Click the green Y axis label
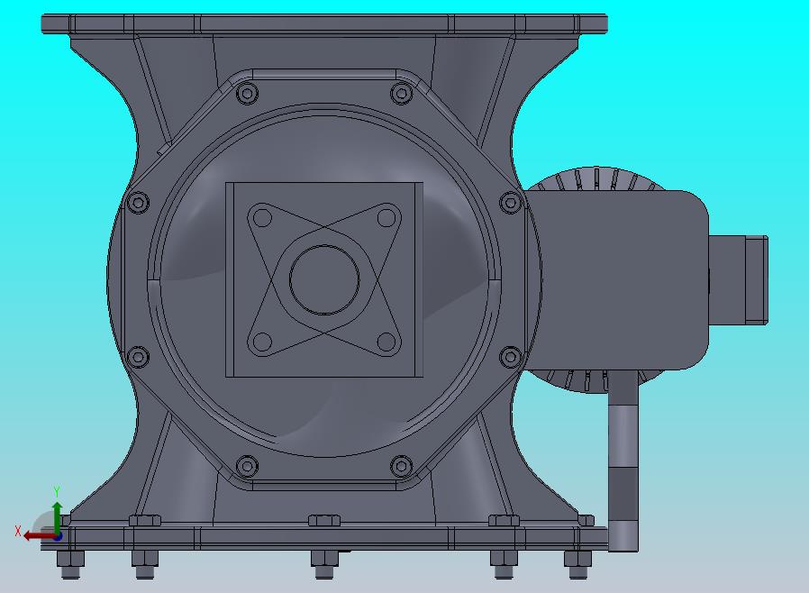coord(57,491)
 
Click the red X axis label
coord(18,531)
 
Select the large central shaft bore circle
coord(324,279)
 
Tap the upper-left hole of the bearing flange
coord(263,218)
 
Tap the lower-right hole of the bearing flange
coord(386,342)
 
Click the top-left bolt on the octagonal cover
coord(247,94)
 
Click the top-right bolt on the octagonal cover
coord(402,94)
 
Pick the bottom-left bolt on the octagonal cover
coord(247,466)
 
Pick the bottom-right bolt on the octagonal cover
coord(402,466)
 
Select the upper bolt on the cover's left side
coord(138,202)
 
